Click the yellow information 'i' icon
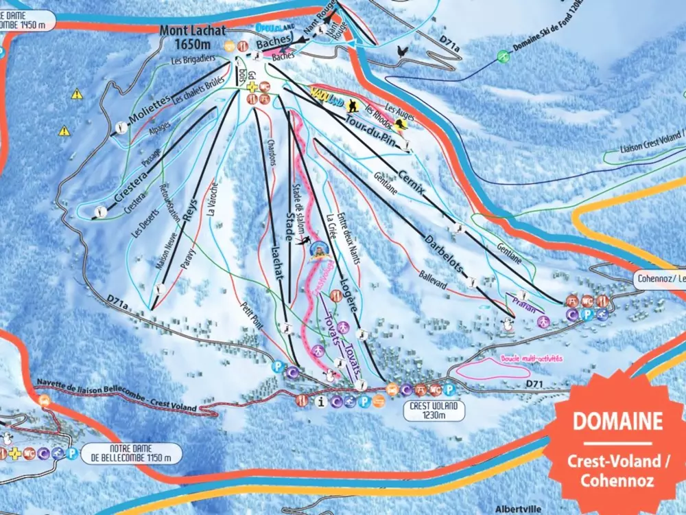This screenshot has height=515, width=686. [x=318, y=400]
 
